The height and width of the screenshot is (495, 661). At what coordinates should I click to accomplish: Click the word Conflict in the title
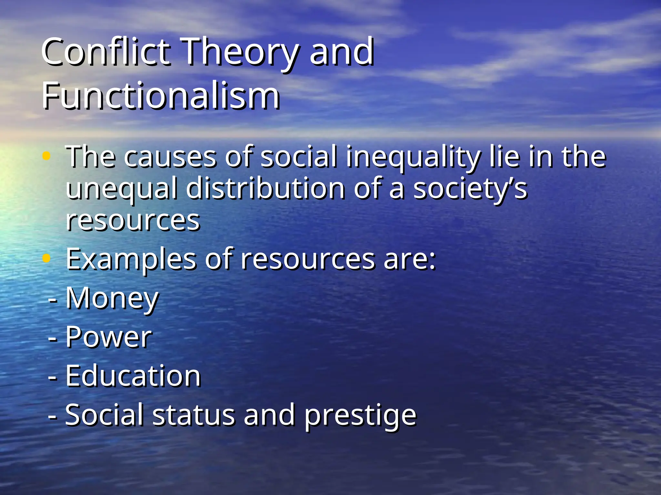pos(105,52)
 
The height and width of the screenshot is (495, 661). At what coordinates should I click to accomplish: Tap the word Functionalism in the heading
pos(160,96)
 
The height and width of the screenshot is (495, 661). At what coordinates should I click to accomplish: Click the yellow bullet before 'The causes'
pos(46,156)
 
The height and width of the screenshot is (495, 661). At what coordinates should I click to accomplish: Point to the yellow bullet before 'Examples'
pos(46,258)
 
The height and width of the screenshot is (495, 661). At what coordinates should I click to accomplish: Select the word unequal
pos(121,189)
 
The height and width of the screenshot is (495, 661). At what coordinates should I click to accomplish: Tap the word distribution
pos(265,188)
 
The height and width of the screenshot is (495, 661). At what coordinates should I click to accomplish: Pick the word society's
pos(470,189)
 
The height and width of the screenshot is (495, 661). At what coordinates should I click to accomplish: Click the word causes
pos(170,157)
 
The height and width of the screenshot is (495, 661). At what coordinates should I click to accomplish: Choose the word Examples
pos(131,259)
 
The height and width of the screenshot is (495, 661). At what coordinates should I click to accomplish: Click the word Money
pos(112,298)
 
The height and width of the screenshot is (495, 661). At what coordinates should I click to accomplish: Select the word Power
pos(108,337)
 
